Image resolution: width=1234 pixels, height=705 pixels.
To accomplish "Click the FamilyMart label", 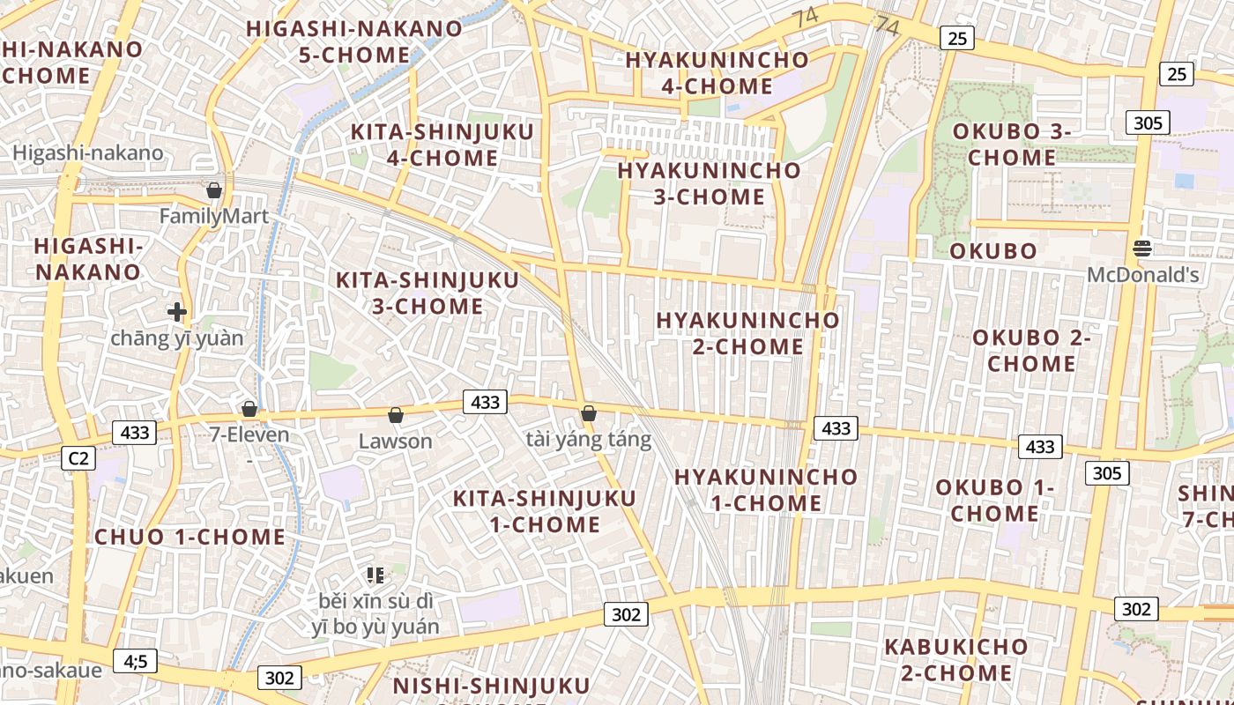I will [214, 216].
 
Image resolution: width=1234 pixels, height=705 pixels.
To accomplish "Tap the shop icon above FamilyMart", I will [213, 190].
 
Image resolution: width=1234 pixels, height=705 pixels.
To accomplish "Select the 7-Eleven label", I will [249, 434].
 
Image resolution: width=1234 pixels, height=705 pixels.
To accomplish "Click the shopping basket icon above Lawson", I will [396, 415].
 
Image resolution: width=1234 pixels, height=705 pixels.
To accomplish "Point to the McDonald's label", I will [1142, 275].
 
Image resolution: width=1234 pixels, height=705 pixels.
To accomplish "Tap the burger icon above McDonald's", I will [1142, 249].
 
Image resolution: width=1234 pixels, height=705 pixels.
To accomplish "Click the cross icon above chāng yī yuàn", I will [177, 311].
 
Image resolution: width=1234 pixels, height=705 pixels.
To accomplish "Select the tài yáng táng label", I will [589, 439].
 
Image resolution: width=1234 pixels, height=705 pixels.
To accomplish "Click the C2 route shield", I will [79, 458].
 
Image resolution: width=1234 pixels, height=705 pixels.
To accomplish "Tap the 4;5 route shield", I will [136, 661].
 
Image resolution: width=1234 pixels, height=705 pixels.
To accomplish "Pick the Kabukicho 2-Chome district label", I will [956, 659].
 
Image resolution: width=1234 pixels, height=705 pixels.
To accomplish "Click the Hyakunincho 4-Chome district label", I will [717, 73].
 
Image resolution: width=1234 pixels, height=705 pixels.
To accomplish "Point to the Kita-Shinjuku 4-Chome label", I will [442, 145].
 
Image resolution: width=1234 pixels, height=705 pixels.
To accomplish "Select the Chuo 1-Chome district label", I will [190, 537].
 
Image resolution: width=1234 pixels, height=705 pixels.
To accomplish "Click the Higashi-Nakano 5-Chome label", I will [354, 41].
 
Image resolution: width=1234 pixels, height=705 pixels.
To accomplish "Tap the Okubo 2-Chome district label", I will [1031, 351].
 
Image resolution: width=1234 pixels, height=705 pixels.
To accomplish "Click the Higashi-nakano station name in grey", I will [88, 153].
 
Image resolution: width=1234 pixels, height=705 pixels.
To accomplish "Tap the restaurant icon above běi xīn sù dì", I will [375, 575].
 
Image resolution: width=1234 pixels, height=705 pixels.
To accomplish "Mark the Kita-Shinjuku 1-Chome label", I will [545, 511].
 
